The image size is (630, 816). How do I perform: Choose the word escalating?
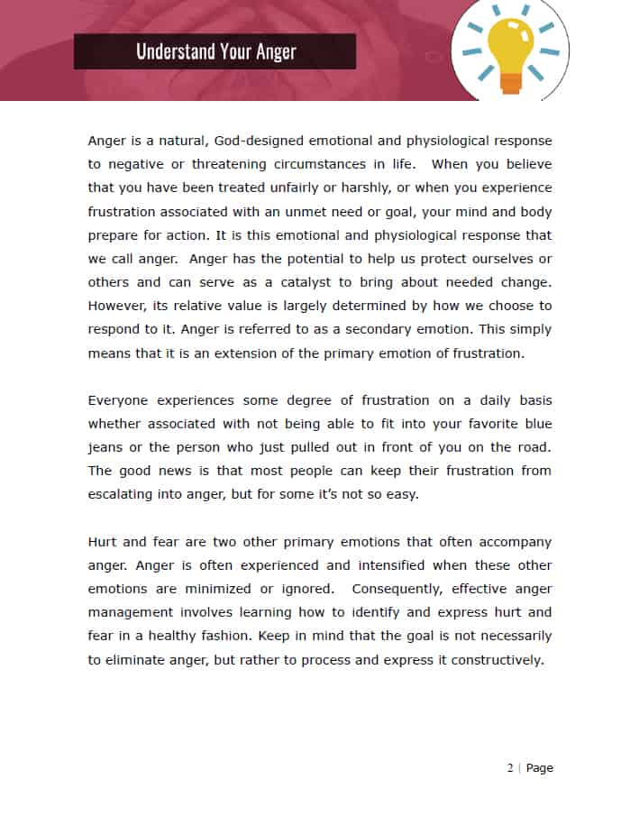click(x=123, y=494)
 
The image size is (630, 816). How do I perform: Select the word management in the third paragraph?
click(x=130, y=612)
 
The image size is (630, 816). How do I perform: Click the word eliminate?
click(x=142, y=659)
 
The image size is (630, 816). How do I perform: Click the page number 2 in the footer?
click(x=510, y=768)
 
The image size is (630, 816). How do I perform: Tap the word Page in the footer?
click(x=540, y=768)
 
